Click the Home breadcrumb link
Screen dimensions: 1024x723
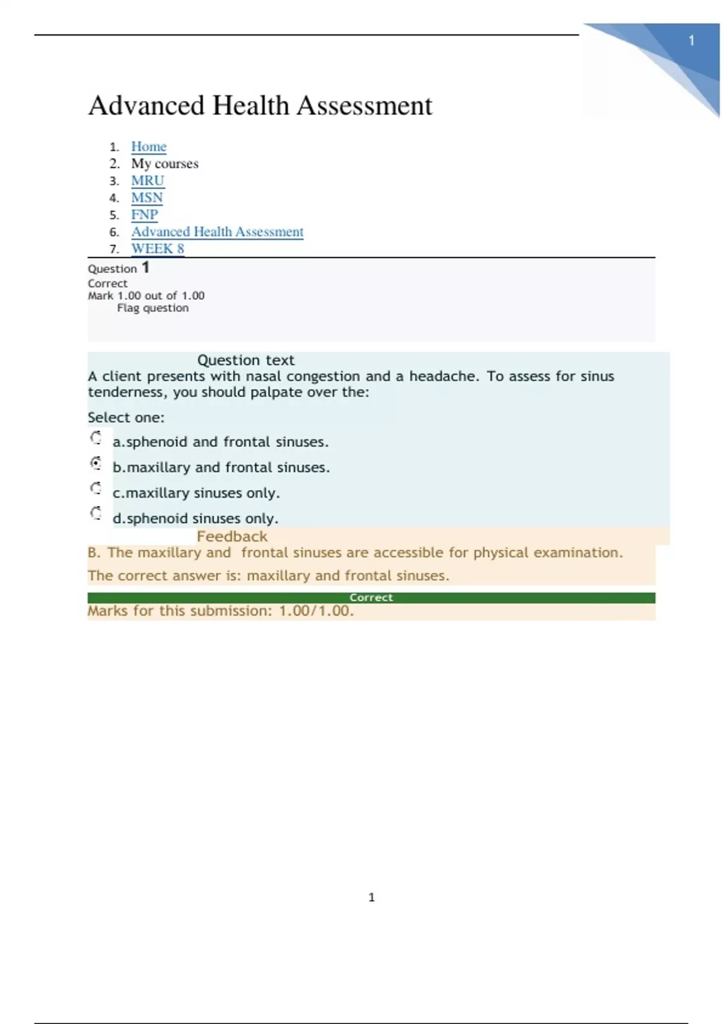coord(148,147)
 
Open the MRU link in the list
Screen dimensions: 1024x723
coord(148,181)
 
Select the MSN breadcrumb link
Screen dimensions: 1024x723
coord(147,198)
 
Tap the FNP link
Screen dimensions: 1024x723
coord(145,215)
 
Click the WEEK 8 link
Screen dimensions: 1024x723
coord(157,249)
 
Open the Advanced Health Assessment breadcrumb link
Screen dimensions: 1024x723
coord(217,232)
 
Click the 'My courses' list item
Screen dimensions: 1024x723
coord(164,164)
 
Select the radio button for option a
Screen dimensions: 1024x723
coord(96,438)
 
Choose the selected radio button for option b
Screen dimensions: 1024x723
coord(96,463)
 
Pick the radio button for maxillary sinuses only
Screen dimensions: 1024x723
coord(96,489)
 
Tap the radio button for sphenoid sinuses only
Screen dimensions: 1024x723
coord(96,513)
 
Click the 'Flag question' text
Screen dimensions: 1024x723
coord(152,308)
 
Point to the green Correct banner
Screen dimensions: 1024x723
coord(371,598)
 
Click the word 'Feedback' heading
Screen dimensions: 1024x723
coord(232,537)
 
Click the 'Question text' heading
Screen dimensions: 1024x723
coord(246,360)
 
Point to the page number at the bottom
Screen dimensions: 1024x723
coord(371,898)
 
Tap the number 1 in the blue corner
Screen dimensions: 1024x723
coord(692,41)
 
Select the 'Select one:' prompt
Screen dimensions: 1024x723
coord(126,417)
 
